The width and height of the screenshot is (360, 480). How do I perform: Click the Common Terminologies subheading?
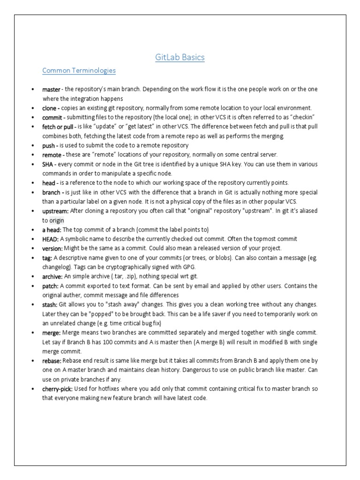point(79,71)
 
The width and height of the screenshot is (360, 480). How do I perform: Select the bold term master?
point(52,90)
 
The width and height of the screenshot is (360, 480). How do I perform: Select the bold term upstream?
point(55,211)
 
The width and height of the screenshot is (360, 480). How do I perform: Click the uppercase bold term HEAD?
point(50,239)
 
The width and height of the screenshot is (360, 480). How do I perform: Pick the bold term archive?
point(52,277)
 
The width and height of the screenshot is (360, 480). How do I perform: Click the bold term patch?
point(50,286)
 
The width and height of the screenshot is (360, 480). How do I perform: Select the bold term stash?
point(50,305)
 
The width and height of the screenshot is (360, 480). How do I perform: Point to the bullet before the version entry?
point(32,248)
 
